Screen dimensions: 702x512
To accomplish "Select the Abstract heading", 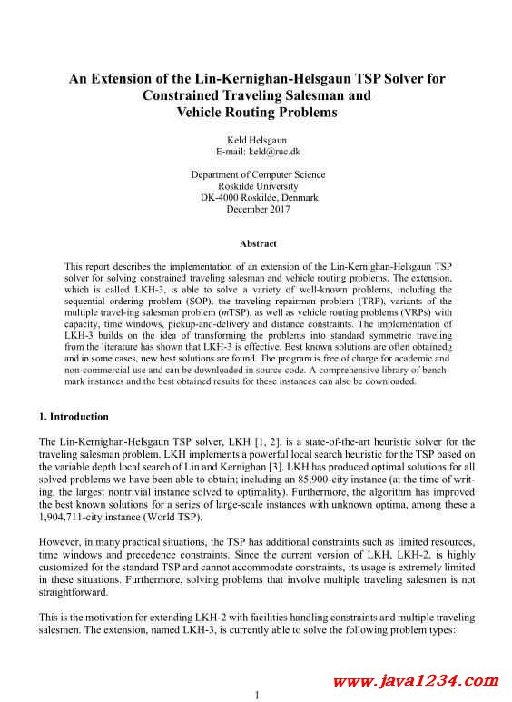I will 258,243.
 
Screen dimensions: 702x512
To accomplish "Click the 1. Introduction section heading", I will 74,417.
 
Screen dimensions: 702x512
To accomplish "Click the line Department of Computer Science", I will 258,174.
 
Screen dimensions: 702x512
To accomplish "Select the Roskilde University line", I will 258,186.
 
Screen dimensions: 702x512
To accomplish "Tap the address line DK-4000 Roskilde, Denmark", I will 258,197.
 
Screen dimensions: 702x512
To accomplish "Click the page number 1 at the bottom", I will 257,695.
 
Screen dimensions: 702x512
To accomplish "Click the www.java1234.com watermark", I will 417,680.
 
